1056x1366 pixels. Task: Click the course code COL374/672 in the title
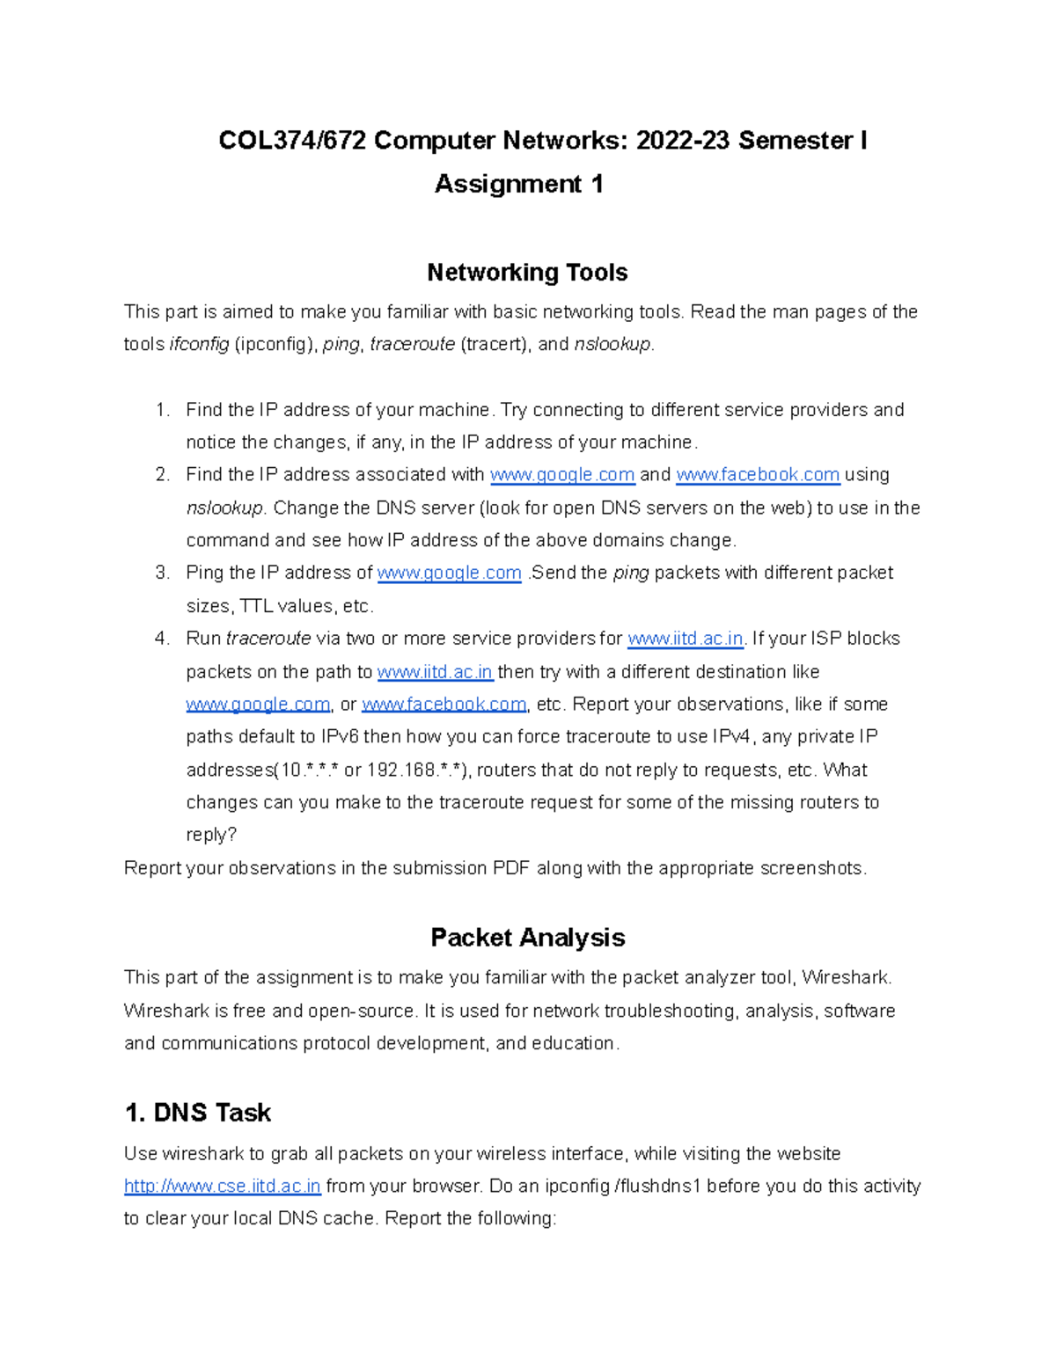pos(292,141)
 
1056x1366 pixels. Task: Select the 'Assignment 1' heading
pos(518,184)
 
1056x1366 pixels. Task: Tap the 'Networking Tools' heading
pos(527,273)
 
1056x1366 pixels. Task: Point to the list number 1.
pos(161,410)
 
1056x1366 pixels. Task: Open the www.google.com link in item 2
pos(561,475)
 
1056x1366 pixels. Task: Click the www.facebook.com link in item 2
pos(758,475)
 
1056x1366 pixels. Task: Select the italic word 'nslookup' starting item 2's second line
pos(224,508)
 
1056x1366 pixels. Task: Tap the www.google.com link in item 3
pos(449,573)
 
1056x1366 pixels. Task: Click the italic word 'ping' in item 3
pos(630,573)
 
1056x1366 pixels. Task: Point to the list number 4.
pos(161,639)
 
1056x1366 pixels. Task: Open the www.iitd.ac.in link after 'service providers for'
pos(686,639)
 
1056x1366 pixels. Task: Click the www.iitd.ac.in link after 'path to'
pos(435,672)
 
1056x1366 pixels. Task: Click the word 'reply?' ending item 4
pos(211,836)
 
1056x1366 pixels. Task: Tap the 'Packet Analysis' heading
pos(527,938)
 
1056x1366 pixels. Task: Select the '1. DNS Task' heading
pos(198,1113)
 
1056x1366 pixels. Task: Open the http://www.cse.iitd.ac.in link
pos(223,1187)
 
